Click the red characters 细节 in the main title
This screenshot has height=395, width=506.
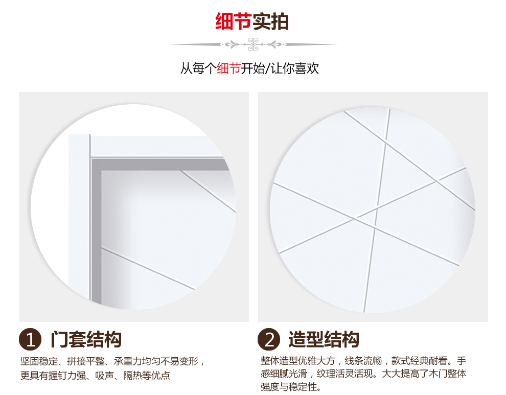pyautogui.click(x=233, y=21)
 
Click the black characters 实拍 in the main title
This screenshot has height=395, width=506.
pyautogui.click(x=270, y=21)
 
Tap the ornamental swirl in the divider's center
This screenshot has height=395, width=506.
pyautogui.click(x=254, y=44)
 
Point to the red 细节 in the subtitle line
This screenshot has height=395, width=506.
pyautogui.click(x=228, y=68)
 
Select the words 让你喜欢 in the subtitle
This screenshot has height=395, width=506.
pyautogui.click(x=294, y=68)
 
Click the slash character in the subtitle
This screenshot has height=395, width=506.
pyautogui.click(x=267, y=69)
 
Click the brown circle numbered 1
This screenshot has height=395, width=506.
pyautogui.click(x=30, y=339)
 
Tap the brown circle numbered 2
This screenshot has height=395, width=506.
pyautogui.click(x=269, y=339)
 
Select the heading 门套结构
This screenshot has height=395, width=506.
pyautogui.click(x=86, y=339)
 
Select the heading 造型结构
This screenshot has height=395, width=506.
pyautogui.click(x=324, y=339)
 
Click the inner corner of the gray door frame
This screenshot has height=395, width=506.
pyautogui.click(x=101, y=170)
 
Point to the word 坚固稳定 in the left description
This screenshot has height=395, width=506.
pyautogui.click(x=39, y=361)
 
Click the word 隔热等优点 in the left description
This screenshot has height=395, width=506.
pyautogui.click(x=147, y=375)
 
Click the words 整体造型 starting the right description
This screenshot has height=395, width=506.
pyautogui.click(x=279, y=360)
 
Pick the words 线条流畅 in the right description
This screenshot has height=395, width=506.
pyautogui.click(x=363, y=360)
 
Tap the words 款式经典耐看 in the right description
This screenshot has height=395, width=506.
pyautogui.click(x=420, y=360)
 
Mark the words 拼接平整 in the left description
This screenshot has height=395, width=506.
pyautogui.click(x=86, y=361)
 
